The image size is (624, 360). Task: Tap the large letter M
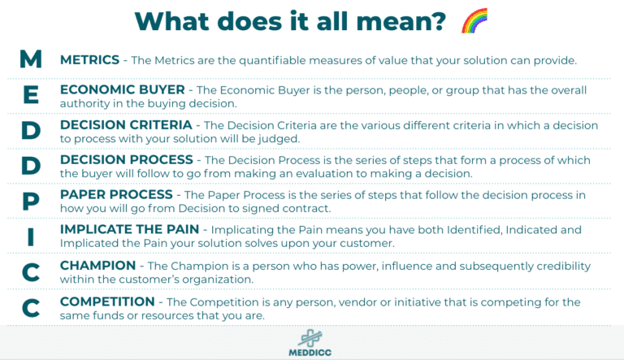click(30, 59)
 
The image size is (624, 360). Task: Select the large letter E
click(30, 94)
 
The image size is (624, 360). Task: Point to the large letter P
click(30, 200)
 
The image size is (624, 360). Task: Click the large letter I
click(30, 236)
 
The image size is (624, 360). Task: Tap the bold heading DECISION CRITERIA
click(126, 126)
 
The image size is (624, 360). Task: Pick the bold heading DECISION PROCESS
click(125, 160)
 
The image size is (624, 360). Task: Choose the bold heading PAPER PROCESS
click(116, 195)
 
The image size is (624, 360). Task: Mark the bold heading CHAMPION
click(97, 266)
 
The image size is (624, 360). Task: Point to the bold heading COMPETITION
click(106, 301)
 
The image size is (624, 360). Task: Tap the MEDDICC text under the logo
click(311, 353)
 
